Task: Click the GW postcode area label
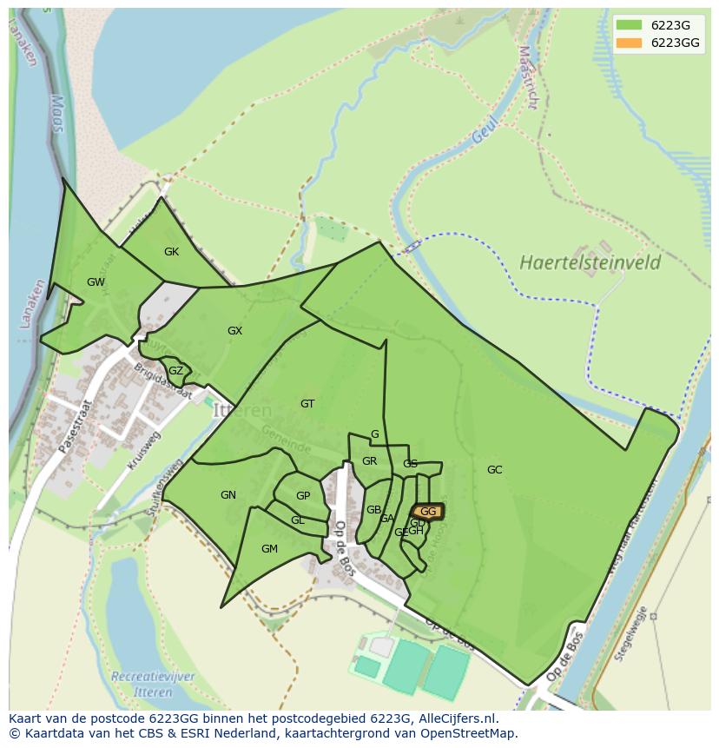[96, 282]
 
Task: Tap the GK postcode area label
[171, 252]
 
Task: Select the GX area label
[234, 331]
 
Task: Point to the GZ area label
[175, 371]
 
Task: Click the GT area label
[307, 404]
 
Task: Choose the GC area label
[494, 470]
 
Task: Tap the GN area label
[228, 495]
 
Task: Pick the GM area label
[269, 549]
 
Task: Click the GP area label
[303, 496]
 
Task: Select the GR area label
[369, 461]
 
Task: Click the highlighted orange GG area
[427, 512]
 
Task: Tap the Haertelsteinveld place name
[590, 262]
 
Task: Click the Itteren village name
[242, 411]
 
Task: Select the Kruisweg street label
[144, 453]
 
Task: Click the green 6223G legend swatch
[629, 25]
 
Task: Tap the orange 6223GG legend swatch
[629, 43]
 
